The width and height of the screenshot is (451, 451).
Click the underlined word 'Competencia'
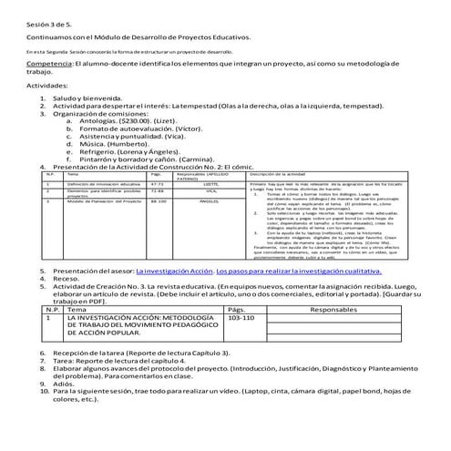[49, 66]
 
